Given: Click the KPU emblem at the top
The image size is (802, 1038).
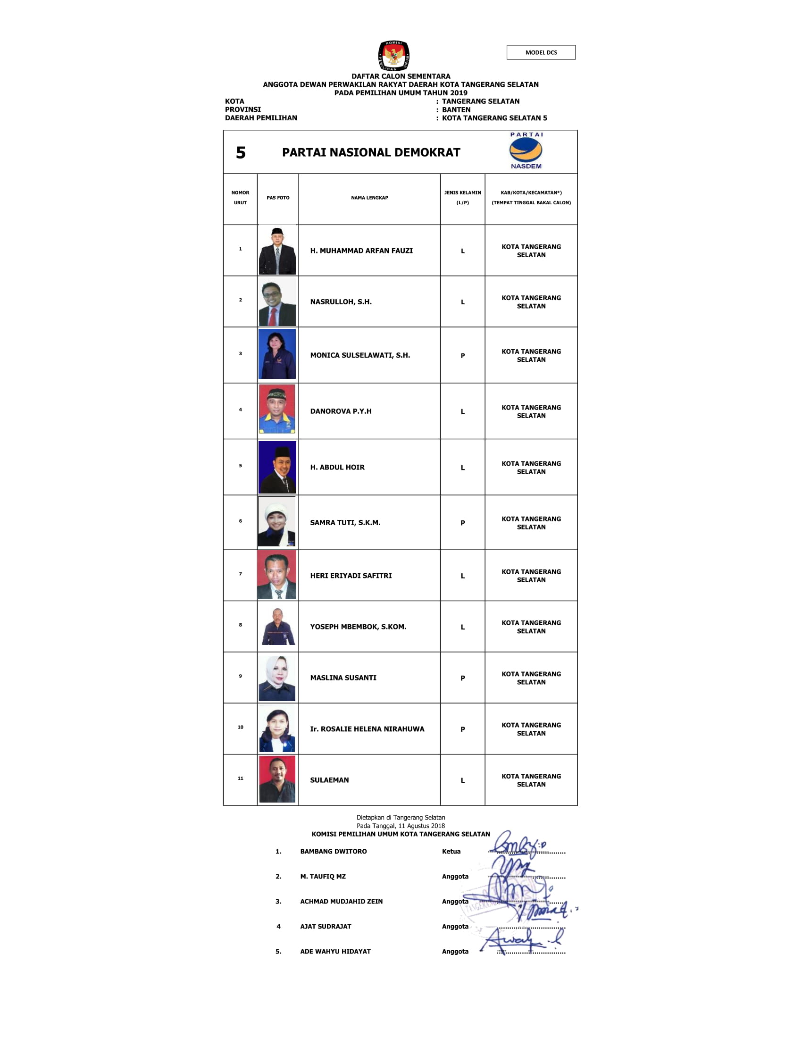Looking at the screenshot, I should [x=393, y=56].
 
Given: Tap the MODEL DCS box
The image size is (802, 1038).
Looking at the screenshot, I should [x=541, y=52].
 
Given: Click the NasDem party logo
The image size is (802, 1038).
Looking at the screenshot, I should [x=526, y=151].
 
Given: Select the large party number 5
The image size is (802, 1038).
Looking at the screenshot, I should [x=241, y=152].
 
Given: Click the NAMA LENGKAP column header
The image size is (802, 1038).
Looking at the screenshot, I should [x=369, y=198].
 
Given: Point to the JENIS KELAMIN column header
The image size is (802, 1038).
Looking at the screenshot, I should [x=462, y=198].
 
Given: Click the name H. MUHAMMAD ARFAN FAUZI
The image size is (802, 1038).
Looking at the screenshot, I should [x=361, y=251].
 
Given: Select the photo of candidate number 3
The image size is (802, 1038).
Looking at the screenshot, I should [x=277, y=353].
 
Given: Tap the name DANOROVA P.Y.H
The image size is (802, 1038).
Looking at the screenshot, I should [x=341, y=411].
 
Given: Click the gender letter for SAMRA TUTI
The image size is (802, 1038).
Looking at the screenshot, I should [x=462, y=523].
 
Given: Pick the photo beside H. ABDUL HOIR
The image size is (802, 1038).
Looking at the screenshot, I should [x=277, y=467].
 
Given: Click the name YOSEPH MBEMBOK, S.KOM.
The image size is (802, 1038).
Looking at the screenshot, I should [x=358, y=627].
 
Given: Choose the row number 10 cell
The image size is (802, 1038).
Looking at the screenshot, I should [x=241, y=727].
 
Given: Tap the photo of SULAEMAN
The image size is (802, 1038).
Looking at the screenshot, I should [x=277, y=779].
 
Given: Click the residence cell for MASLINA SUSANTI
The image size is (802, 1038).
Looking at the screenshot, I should [x=531, y=678].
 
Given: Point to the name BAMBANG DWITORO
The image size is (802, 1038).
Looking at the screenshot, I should [x=333, y=851].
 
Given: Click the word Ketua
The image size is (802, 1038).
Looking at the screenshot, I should [x=451, y=851].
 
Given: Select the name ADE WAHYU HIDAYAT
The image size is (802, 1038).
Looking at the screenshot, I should [x=335, y=951].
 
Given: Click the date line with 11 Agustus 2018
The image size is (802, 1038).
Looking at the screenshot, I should [x=401, y=826].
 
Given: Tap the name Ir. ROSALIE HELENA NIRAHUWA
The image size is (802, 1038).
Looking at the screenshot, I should [x=367, y=728].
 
